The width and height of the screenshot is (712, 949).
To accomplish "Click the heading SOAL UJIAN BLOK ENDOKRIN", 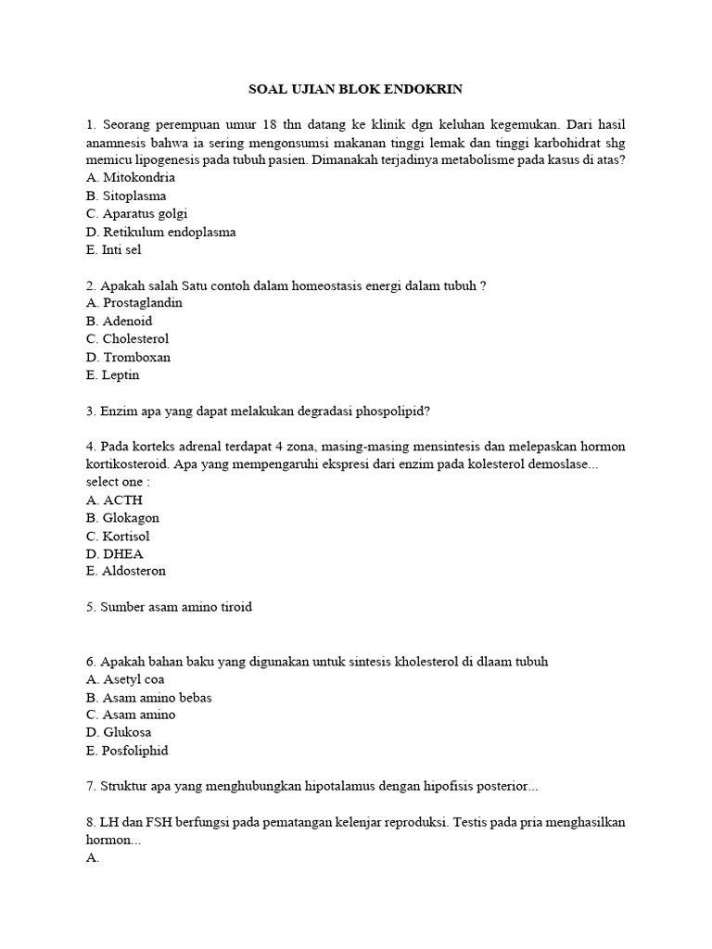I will click(355, 89).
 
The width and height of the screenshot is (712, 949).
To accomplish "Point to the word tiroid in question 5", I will click(233, 607).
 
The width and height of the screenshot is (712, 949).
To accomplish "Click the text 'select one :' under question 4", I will click(117, 483).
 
